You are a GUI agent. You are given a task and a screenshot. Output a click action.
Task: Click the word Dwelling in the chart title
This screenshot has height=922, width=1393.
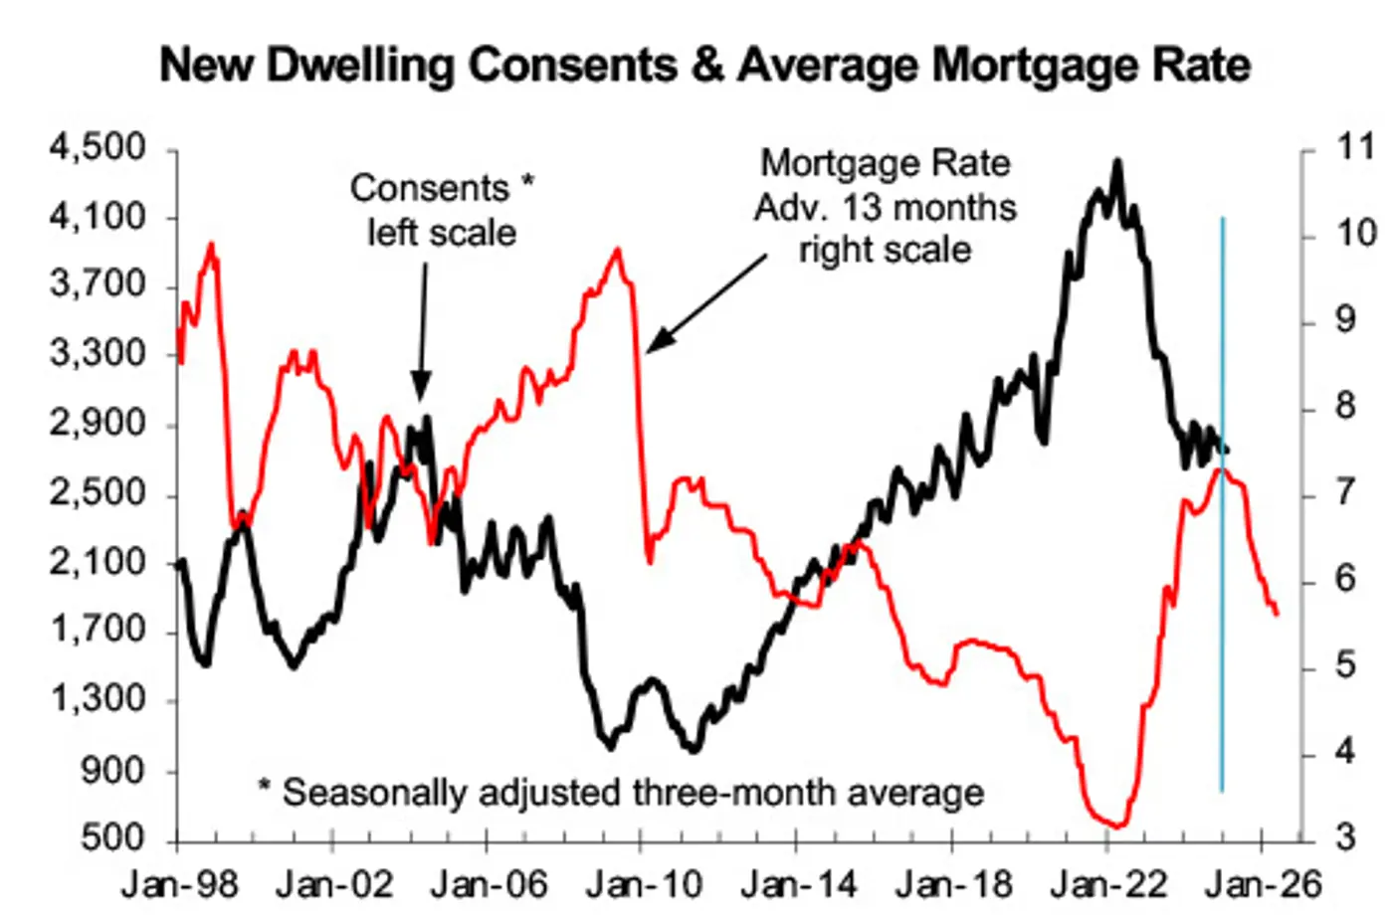(x=361, y=66)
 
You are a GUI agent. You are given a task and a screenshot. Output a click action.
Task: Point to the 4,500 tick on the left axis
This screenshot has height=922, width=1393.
(x=98, y=148)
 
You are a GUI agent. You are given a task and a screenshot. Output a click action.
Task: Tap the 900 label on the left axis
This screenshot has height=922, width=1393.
(x=112, y=771)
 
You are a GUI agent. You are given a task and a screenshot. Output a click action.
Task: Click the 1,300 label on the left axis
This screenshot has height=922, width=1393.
(x=98, y=699)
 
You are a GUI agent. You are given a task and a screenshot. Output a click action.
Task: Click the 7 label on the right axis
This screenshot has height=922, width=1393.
(x=1345, y=493)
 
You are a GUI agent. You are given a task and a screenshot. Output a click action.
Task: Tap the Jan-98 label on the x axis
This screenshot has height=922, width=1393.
(x=180, y=883)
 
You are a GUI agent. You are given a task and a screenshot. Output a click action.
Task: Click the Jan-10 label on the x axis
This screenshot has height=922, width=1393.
(x=645, y=883)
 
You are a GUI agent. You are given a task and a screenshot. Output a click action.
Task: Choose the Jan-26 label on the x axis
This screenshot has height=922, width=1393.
(x=1263, y=883)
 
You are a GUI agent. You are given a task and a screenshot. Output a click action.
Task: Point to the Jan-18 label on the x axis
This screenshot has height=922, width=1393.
(x=954, y=883)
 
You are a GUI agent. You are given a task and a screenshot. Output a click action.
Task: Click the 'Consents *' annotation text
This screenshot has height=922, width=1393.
(x=442, y=188)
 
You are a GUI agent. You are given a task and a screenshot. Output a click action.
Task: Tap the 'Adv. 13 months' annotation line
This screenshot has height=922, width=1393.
(x=886, y=207)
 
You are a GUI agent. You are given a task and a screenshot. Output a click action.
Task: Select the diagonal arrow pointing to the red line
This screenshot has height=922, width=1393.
(x=707, y=303)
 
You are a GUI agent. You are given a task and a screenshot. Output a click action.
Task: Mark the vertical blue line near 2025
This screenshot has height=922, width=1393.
(x=1223, y=503)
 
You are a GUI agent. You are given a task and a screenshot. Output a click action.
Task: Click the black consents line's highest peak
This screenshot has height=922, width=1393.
(x=1118, y=162)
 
